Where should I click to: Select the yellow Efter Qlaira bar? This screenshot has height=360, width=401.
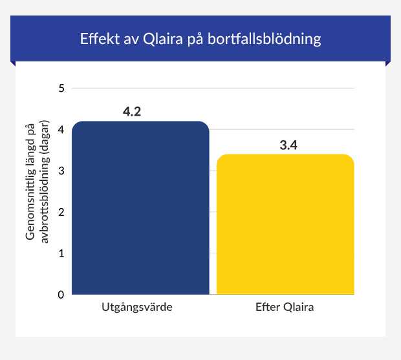285,224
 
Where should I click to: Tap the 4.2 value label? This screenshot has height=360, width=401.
132,112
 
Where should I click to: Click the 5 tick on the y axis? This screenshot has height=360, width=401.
61,89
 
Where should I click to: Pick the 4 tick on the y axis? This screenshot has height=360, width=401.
61,130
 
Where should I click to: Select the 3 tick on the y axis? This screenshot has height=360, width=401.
61,171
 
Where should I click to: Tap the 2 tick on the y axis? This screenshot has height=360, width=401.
61,212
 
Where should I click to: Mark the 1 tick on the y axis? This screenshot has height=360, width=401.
61,253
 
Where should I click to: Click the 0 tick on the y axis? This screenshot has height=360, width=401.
61,295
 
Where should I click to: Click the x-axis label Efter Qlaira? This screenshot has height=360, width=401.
285,307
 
